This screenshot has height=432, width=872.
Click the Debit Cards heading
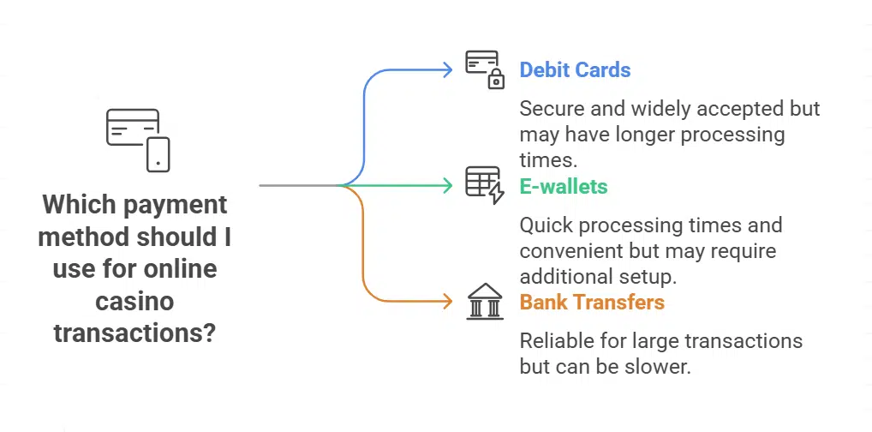tap(575, 69)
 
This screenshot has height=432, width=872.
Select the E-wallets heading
tap(564, 185)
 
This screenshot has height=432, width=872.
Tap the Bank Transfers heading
tap(592, 302)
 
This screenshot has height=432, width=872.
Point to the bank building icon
tap(485, 302)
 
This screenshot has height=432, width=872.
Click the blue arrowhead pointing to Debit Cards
tap(446, 69)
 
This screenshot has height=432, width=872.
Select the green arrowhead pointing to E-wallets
tap(446, 185)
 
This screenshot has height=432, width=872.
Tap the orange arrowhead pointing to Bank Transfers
tap(446, 302)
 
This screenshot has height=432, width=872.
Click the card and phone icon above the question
tap(137, 140)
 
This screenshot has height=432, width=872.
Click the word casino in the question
tap(134, 301)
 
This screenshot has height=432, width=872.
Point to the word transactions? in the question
tap(134, 332)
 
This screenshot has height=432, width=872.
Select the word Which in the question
tap(81, 205)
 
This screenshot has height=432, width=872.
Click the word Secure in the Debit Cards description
tap(550, 110)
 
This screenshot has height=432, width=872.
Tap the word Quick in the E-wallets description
tap(546, 226)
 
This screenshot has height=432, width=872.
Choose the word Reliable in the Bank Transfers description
tap(557, 341)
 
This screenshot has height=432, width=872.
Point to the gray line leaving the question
tap(300, 185)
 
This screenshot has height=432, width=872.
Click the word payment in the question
tap(175, 205)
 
